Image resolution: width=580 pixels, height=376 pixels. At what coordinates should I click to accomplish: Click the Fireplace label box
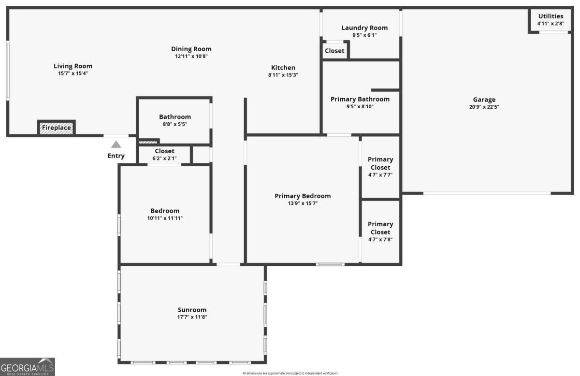point(57,128)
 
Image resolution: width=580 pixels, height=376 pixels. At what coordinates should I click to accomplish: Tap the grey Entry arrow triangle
point(116,145)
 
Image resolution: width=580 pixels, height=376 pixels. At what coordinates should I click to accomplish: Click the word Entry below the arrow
point(116,156)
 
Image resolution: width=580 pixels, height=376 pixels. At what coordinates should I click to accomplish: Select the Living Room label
point(73,66)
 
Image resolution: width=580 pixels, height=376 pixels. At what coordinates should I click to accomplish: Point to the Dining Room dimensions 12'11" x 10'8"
point(191,56)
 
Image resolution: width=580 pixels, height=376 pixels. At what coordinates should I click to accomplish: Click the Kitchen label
point(283,68)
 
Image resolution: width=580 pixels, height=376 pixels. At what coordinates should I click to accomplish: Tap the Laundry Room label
point(364,28)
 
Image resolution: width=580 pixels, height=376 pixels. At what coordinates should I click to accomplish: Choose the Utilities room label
point(551,16)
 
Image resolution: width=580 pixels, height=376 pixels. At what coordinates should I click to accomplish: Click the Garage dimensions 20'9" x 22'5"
point(484,107)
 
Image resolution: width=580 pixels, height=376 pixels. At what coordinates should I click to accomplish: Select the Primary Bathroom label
point(360,99)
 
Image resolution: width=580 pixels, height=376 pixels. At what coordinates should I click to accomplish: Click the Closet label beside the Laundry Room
point(334,51)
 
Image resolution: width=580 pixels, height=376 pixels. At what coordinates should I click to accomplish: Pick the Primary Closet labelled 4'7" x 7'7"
point(380,167)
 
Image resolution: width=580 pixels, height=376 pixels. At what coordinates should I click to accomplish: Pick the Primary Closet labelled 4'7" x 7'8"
point(380,231)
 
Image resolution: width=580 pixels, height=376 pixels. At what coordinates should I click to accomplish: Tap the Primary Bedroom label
point(303,196)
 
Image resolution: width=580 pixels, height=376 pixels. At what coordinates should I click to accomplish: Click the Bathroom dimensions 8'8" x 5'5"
point(175,124)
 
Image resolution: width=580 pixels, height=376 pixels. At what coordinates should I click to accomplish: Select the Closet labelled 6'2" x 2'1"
point(164,154)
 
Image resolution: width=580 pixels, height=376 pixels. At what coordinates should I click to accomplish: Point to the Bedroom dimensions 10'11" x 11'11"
point(165,218)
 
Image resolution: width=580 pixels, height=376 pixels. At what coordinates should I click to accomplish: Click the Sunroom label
point(192,310)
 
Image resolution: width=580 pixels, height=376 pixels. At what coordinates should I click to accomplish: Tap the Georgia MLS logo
point(28,367)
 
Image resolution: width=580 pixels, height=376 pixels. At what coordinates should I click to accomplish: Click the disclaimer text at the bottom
point(290,373)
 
